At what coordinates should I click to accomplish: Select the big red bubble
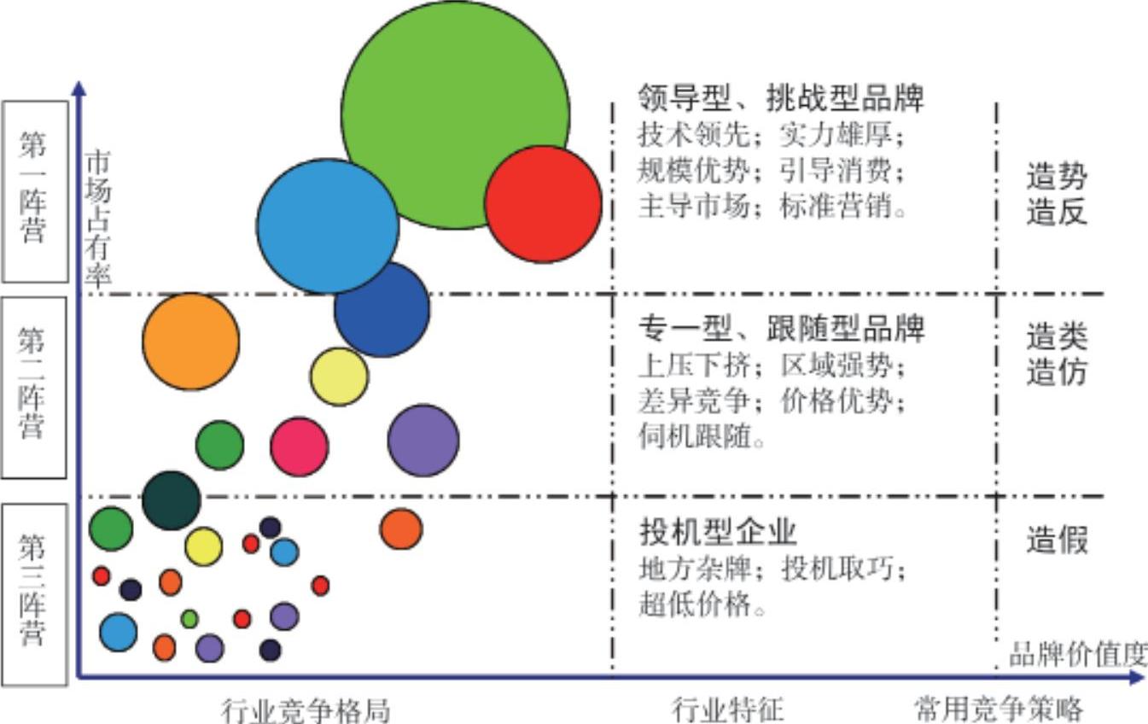pos(543,204)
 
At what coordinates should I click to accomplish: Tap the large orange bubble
pos(191,342)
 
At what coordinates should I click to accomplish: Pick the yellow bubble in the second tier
pos(339,377)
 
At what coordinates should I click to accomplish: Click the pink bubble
pos(300,446)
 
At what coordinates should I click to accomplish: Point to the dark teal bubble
pos(171,500)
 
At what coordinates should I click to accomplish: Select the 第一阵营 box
pos(35,191)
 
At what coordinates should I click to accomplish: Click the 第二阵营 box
pos(34,388)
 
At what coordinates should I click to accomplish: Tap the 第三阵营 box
pos(34,593)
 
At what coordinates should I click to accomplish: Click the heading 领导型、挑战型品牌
pos(781,98)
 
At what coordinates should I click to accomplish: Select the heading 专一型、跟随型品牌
pos(782,327)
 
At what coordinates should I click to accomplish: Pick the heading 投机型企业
pos(718,531)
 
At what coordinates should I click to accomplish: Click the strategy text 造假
pos(1057,540)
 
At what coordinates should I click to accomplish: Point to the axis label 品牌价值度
pos(1077,655)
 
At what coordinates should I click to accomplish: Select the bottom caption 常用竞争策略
pos(998,709)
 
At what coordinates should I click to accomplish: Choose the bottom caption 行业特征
pos(727,709)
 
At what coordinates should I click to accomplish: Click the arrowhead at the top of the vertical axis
pos(79,87)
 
